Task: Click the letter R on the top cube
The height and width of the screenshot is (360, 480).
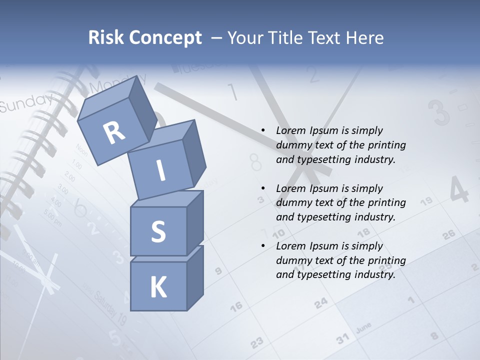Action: tap(114, 133)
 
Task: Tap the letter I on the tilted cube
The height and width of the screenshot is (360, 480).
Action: tap(160, 170)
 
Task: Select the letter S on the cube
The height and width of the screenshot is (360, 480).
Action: tap(158, 231)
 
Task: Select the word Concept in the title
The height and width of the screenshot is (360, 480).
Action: tap(166, 38)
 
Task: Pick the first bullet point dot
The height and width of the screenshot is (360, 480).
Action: tap(263, 130)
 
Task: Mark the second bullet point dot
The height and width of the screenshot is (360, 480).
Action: tap(263, 188)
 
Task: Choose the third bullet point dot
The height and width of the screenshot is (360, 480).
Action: tap(263, 246)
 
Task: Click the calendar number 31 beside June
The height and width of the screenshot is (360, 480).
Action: tap(342, 339)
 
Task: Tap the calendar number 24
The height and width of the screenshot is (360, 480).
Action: tap(321, 302)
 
